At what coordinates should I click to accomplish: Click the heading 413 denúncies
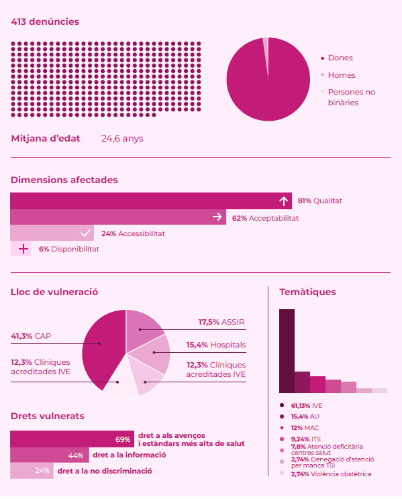pos(45,22)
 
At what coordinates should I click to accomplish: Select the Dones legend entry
pos(340,58)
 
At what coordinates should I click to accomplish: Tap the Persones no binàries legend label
pos(351,97)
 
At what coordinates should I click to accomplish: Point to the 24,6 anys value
pos(121,139)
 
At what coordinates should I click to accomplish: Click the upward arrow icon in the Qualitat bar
pos(283,201)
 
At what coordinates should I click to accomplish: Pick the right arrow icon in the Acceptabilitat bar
pos(217,217)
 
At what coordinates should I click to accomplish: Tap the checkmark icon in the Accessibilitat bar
pos(85,233)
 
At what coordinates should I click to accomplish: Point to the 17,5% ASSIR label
pos(221,322)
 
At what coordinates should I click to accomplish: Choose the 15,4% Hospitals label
pos(216,345)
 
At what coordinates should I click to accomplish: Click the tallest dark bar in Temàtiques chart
pos(287,350)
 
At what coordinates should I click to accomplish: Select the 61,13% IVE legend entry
pos(306,406)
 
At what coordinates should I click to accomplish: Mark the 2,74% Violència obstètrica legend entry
pos(330,474)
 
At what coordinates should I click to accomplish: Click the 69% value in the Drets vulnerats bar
pos(123,439)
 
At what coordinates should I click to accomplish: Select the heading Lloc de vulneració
pos(55,292)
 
